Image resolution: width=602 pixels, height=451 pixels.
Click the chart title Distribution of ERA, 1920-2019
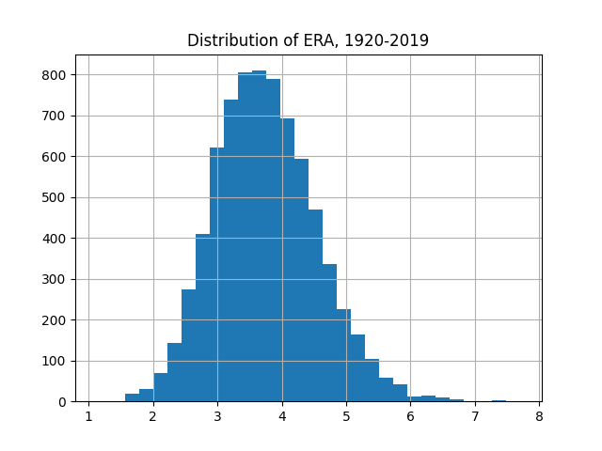(x=308, y=40)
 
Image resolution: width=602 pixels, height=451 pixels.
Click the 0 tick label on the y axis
(x=71, y=402)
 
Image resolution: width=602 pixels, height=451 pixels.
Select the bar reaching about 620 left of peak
(x=216, y=282)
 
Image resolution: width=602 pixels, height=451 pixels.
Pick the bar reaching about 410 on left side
(x=202, y=319)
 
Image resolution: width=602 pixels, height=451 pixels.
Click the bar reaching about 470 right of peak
(x=315, y=310)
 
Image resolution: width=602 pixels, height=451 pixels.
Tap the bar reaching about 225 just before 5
(x=343, y=357)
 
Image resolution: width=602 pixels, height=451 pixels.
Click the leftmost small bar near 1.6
(x=132, y=398)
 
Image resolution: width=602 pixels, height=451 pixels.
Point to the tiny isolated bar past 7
(x=499, y=401)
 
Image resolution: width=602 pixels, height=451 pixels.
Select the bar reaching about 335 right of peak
(x=329, y=338)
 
